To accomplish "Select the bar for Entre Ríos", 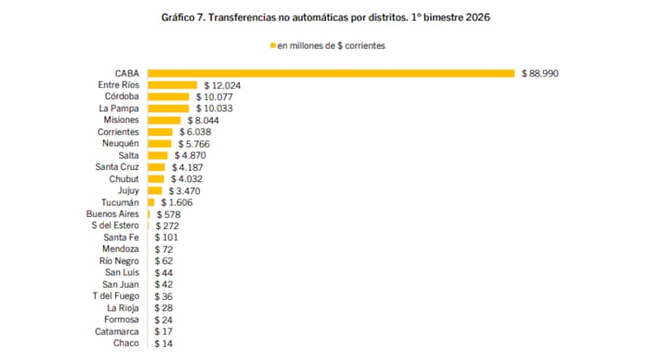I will pos(171,85).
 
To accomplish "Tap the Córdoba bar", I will pos(168,96).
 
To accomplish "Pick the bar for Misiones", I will pos(164,119).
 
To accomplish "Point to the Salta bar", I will pos(158,155).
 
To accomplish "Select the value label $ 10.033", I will pos(214,108).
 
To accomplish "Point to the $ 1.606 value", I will pos(175,202).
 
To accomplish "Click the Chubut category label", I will pos(123,179).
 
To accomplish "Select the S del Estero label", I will pos(115,226).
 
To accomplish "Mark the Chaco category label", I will pos(126,344).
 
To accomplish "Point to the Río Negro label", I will pos(120,262).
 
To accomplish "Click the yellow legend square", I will pos(272,46).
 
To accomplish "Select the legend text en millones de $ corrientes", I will pos(331,46).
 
